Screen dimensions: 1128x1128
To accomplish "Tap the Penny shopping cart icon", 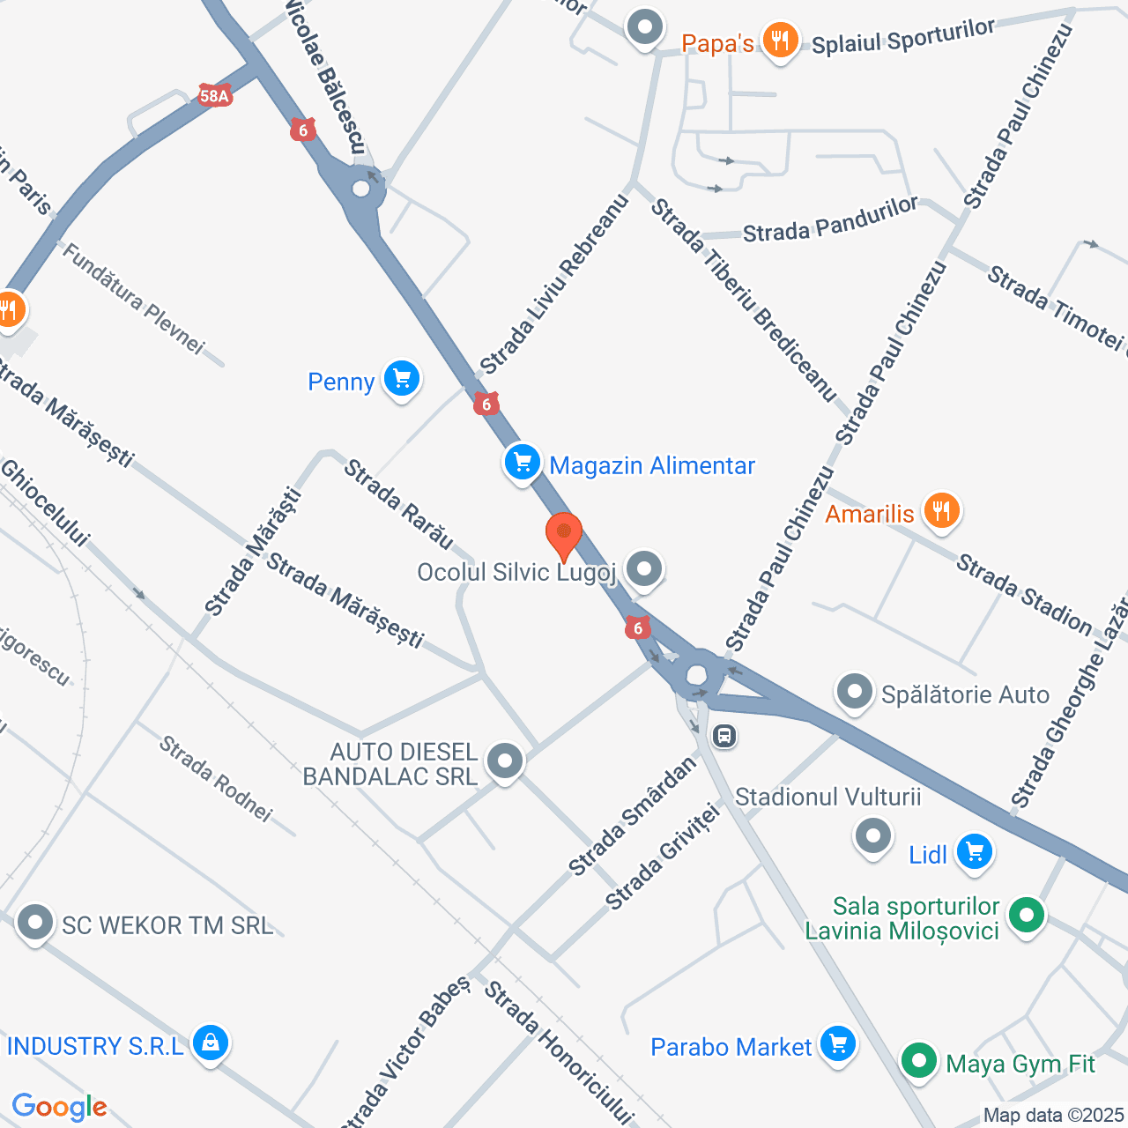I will pos(402,380).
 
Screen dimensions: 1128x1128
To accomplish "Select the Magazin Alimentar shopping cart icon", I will pos(522,463).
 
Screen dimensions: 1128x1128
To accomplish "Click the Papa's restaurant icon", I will pos(780,41).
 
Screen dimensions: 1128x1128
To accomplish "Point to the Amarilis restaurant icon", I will pos(941,510).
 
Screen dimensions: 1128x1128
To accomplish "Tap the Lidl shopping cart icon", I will pos(974,852).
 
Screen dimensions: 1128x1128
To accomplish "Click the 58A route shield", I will pos(215,96).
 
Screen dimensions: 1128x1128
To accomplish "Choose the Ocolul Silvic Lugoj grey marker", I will pos(644,569).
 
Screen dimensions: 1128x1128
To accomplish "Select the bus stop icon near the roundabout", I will pos(724,735).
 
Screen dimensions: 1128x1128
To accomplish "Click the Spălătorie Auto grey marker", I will pos(854,693).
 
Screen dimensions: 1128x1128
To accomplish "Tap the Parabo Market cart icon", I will pos(837,1045).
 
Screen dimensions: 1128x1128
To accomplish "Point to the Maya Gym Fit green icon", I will pos(919,1060).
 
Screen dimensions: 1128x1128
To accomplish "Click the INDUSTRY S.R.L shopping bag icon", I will pos(210,1044).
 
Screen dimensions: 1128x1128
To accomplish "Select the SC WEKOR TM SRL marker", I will pos(36,924).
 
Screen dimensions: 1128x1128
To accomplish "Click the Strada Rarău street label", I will pos(398,504).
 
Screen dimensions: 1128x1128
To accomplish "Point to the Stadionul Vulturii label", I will pos(827,797).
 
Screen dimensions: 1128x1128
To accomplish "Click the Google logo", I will pos(60,1107).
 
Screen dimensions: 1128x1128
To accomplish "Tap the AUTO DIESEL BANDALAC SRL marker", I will pos(505,761).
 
